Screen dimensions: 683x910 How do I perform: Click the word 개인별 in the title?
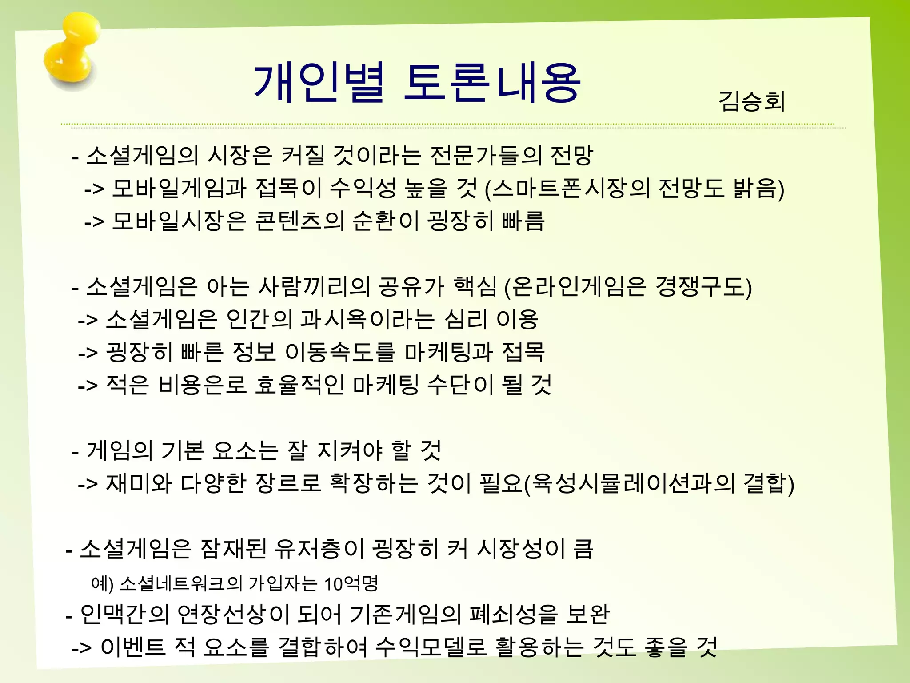pyautogui.click(x=318, y=83)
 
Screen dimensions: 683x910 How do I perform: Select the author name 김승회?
pyautogui.click(x=751, y=101)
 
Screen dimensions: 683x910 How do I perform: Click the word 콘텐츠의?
pyautogui.click(x=299, y=221)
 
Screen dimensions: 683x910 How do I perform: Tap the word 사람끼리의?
pyautogui.click(x=314, y=286)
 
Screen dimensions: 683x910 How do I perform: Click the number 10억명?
pyautogui.click(x=351, y=584)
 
